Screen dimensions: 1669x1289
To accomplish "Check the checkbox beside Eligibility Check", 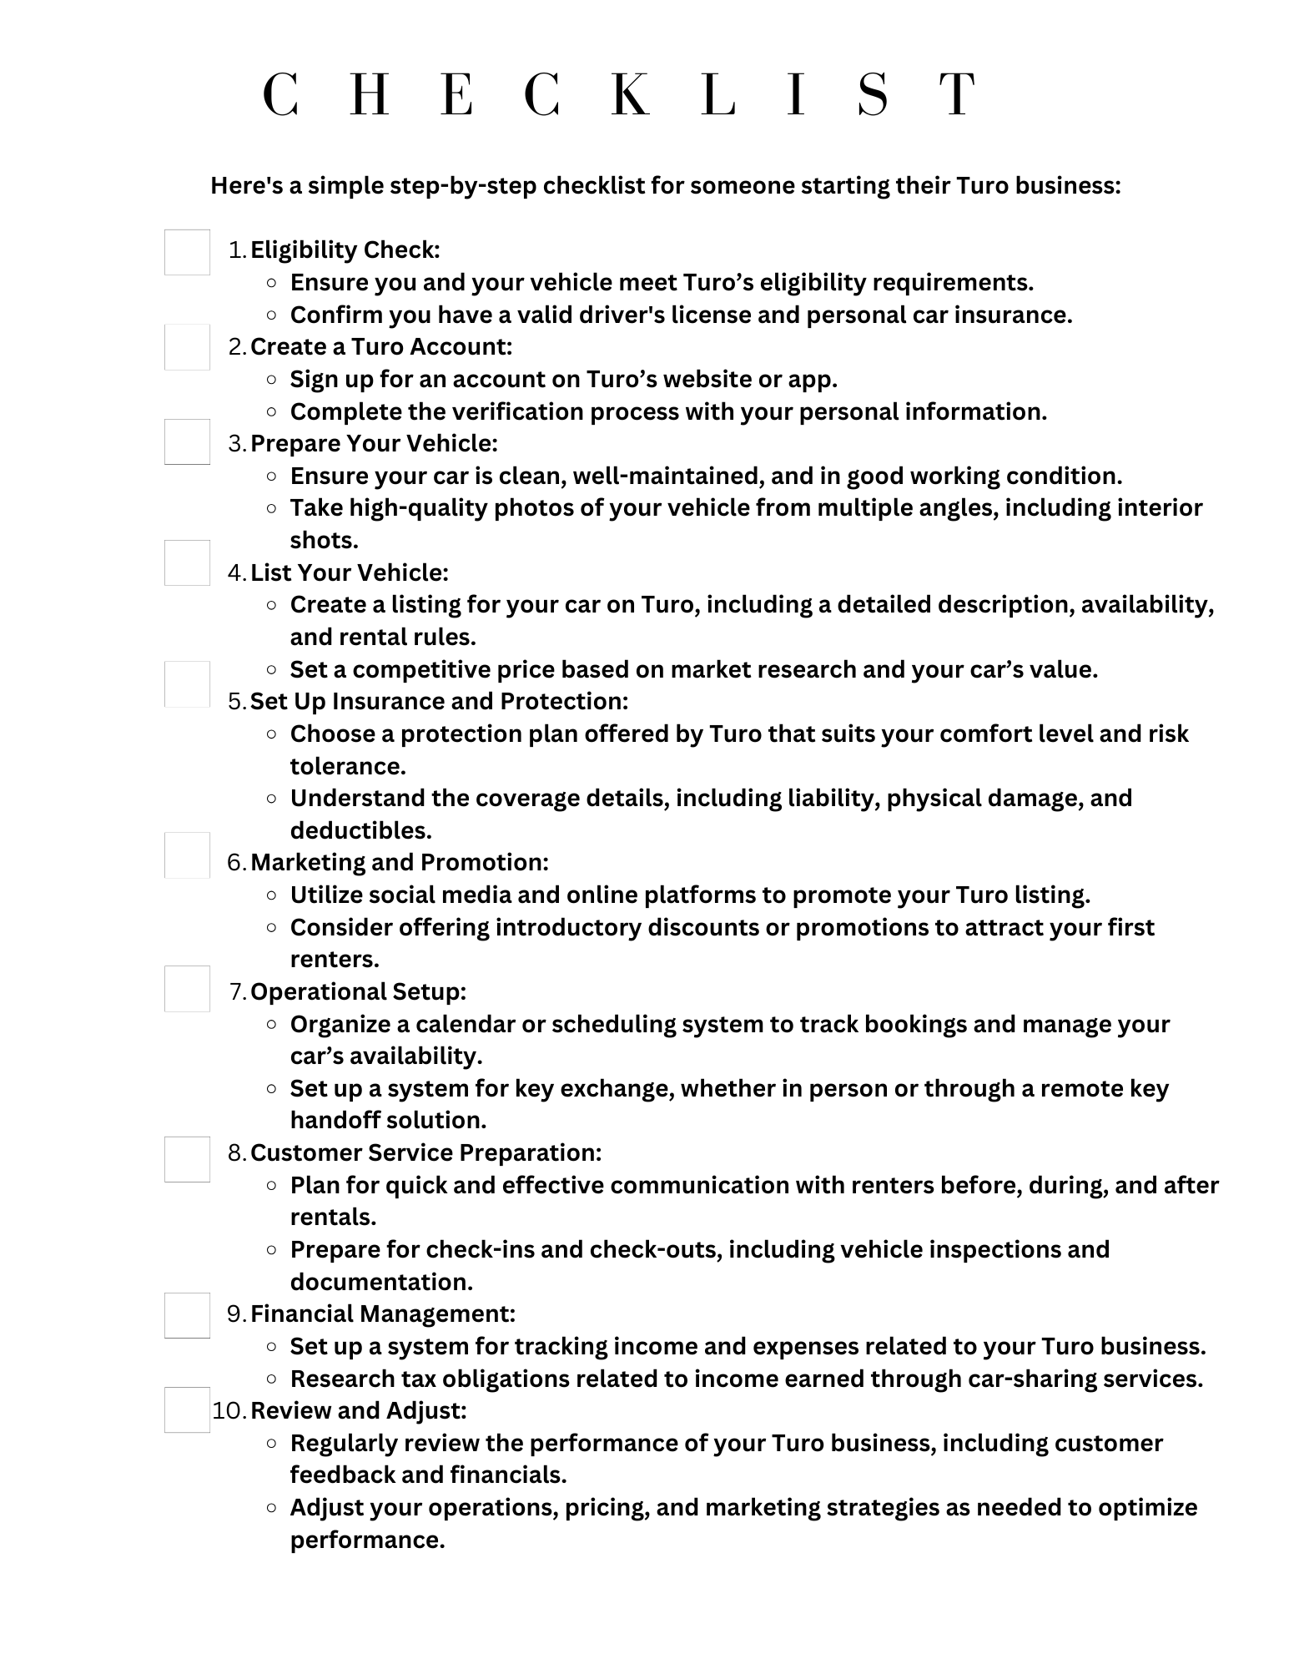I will pos(187,252).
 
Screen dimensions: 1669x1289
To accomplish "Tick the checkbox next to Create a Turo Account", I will pos(187,347).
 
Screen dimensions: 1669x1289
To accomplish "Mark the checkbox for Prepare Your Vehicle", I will pos(187,442).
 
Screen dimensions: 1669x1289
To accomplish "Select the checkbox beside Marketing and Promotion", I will pos(187,855).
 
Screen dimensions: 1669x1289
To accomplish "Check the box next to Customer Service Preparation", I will pos(187,1159).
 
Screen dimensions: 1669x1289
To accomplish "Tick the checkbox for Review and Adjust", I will pos(187,1410).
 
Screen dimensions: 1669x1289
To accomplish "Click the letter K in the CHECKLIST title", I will pos(630,94).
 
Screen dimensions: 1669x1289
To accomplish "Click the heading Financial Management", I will pos(383,1314).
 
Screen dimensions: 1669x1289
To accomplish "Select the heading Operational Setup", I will pos(358,992).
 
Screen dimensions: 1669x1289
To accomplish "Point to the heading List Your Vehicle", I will pos(350,573).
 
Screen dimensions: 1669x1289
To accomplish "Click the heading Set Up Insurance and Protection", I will pos(439,702).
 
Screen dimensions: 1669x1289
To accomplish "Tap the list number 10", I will pos(228,1411).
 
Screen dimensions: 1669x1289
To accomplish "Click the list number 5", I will pos(236,702).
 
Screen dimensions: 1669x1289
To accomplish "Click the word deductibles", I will pos(360,831).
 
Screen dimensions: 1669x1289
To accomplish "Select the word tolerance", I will pos(348,767).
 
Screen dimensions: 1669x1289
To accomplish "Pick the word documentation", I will pos(381,1283).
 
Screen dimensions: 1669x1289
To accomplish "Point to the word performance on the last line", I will pos(367,1540).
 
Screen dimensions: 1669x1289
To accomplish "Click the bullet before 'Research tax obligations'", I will pos(271,1379).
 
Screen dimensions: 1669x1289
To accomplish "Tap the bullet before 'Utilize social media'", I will pos(271,895).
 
